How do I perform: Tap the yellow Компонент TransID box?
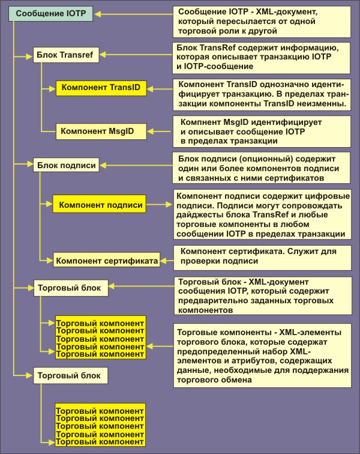101,88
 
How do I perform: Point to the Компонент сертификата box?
106,261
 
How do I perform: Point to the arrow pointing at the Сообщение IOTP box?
133,13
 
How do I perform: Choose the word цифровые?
329,195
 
